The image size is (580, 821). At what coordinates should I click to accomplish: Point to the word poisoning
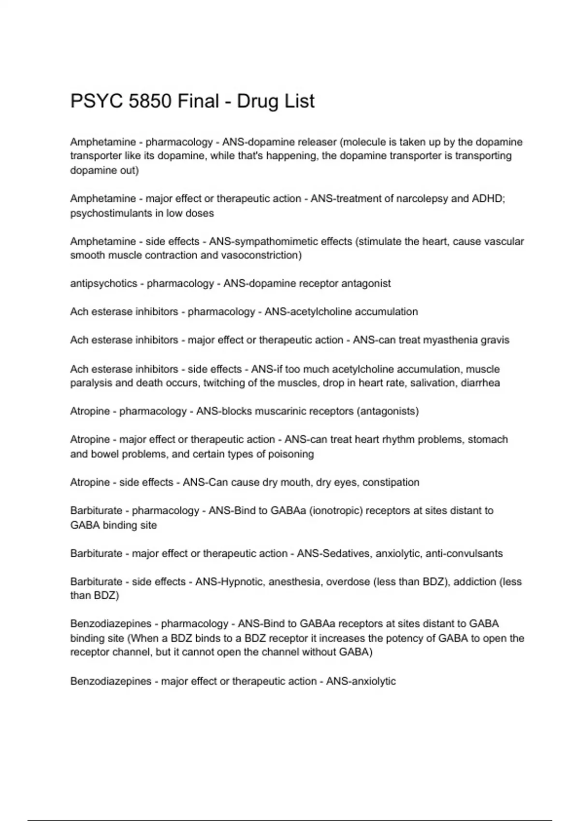(x=290, y=454)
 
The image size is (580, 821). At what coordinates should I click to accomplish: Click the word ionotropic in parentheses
(x=337, y=510)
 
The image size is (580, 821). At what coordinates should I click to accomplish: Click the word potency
(x=417, y=638)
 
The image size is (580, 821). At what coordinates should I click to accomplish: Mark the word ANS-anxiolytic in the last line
(x=361, y=681)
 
